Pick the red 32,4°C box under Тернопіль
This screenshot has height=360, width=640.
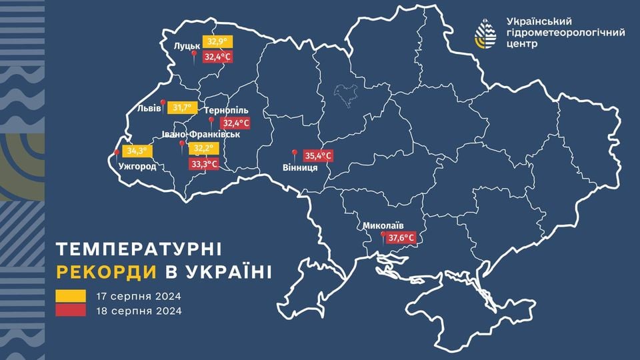pos(236,123)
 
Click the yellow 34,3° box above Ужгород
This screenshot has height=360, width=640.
pos(136,151)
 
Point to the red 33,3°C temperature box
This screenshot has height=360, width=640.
pos(204,163)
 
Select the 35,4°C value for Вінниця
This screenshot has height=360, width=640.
pos(318,156)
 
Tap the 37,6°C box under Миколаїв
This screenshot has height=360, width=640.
pos(401,237)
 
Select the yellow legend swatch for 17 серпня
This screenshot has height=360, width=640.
pos(70,295)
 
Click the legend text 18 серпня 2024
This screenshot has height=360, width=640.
pos(139,310)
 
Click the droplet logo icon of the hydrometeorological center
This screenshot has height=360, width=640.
pos(485,32)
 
